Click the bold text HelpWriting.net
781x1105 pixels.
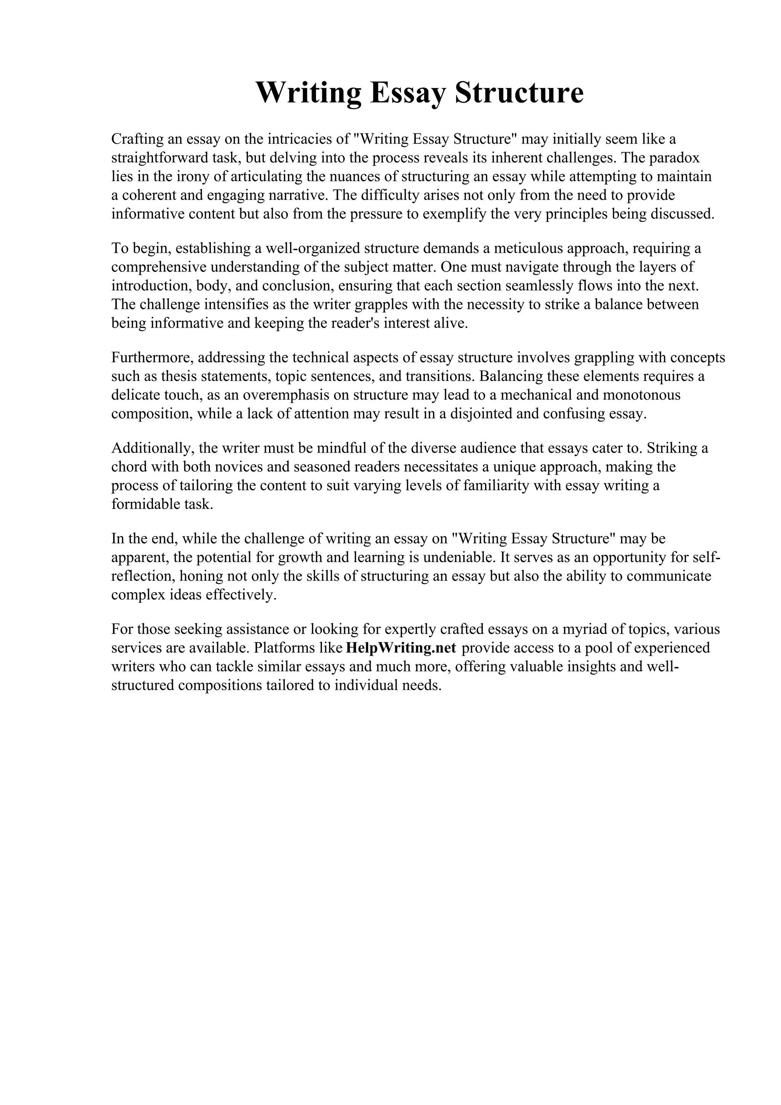click(401, 648)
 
